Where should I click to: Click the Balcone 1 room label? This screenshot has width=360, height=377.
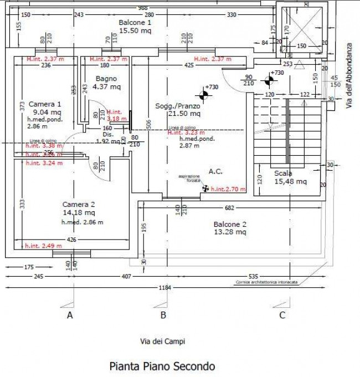[135, 22]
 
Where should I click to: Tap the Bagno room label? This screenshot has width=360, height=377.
[106, 78]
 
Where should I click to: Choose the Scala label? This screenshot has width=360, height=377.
[283, 173]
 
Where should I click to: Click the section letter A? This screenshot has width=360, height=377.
[70, 315]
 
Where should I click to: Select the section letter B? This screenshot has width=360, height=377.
[163, 315]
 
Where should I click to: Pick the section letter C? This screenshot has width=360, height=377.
[282, 315]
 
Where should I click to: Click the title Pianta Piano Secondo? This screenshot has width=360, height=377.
[162, 366]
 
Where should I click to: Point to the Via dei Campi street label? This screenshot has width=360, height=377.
[162, 342]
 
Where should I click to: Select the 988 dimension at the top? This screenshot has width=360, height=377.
[142, 7]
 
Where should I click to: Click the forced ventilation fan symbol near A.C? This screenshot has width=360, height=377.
[206, 188]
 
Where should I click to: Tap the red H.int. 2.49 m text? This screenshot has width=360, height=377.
[44, 246]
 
